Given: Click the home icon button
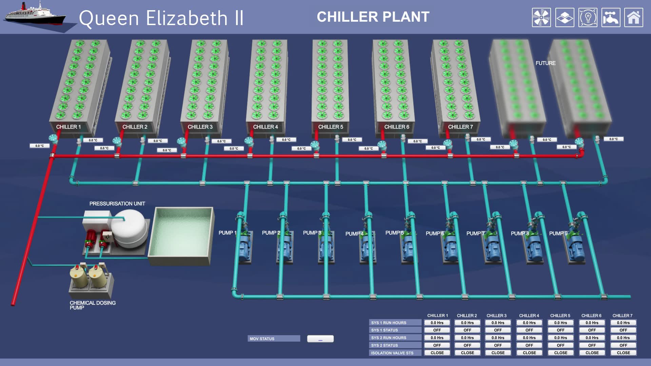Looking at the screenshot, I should pyautogui.click(x=633, y=18).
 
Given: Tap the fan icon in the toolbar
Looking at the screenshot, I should pyautogui.click(x=541, y=18).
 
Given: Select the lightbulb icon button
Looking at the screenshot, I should pyautogui.click(x=588, y=18).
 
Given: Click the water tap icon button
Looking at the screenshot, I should pyautogui.click(x=611, y=18).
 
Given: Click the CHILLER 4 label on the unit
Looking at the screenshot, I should pyautogui.click(x=265, y=127).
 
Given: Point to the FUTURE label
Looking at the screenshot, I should pyautogui.click(x=545, y=63).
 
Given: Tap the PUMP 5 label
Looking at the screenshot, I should pyautogui.click(x=394, y=233).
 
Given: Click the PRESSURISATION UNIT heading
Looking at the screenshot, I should pyautogui.click(x=117, y=204).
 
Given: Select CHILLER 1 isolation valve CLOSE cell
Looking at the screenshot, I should pyautogui.click(x=437, y=353).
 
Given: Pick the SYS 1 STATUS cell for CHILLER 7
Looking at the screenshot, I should pyautogui.click(x=623, y=330).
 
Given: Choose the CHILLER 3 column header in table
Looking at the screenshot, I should pyautogui.click(x=496, y=316).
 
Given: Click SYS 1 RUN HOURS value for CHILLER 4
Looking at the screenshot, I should pyautogui.click(x=529, y=323).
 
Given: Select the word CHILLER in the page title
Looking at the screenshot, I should pyautogui.click(x=347, y=17).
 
